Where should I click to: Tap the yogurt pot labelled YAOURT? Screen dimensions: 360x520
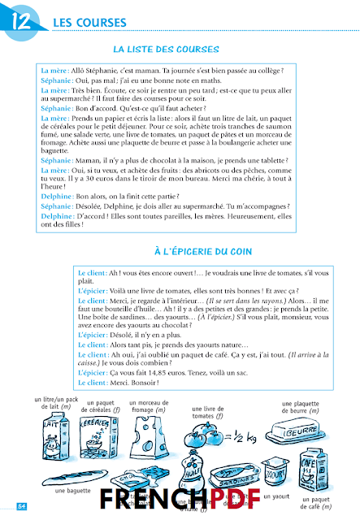pos(280,472)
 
